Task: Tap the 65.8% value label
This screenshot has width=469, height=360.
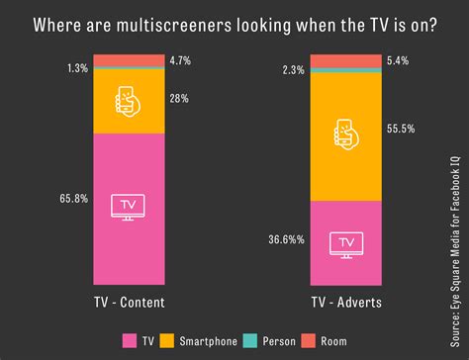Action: (x=73, y=199)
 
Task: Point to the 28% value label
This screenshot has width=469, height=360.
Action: (x=178, y=100)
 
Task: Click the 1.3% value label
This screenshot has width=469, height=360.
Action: (x=77, y=69)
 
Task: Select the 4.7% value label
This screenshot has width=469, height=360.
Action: (x=180, y=61)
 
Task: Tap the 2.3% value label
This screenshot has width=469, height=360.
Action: (x=292, y=70)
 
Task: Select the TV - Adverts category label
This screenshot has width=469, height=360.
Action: (x=345, y=301)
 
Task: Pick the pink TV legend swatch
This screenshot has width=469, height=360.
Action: (x=128, y=341)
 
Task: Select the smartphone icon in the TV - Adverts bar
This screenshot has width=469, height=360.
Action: (x=344, y=135)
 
